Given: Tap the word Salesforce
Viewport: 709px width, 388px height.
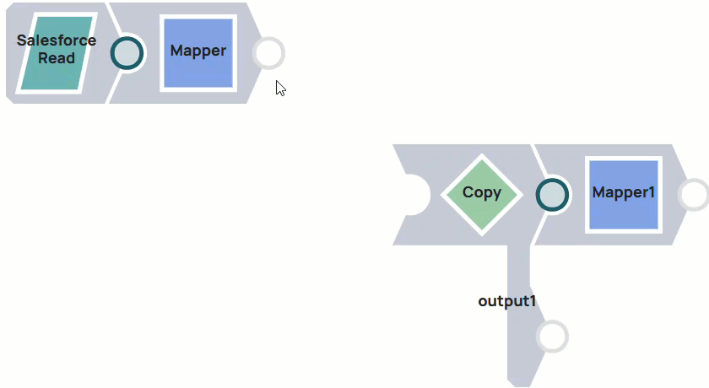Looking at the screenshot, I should coord(57,40).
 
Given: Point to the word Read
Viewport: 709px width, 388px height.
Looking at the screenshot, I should coord(57,58).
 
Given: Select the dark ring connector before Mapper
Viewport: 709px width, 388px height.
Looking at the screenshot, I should coord(127,53).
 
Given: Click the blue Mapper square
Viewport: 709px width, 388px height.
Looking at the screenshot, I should coord(198,52).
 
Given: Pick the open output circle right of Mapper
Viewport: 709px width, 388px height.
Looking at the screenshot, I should coord(268,52).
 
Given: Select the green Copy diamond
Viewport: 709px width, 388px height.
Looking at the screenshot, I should coord(481,194).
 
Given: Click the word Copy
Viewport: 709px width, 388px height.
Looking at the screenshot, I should coord(481,192).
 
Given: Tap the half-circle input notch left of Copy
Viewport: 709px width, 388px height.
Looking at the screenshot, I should coord(413,194).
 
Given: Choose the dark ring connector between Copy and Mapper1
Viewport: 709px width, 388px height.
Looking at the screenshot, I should coord(553,194).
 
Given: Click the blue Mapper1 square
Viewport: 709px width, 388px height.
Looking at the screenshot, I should coord(623,194).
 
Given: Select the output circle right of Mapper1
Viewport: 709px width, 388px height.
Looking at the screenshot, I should coord(694,194).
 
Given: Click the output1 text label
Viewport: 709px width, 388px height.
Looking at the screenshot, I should coord(507,300).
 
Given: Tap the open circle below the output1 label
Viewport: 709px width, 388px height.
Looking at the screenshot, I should coord(552,337).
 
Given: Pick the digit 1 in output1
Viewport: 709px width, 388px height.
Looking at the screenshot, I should coord(533,300).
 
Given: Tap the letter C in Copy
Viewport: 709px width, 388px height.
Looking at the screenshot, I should coord(468,192).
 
